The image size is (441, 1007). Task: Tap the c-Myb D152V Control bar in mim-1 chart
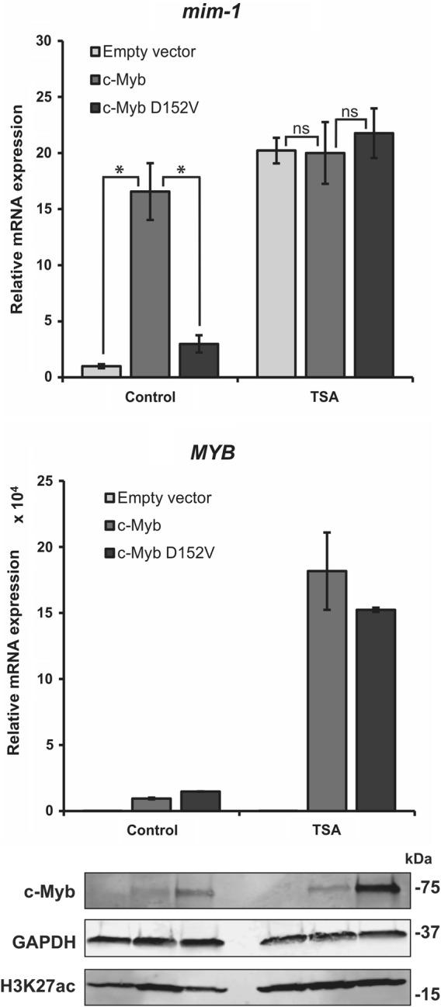[x=200, y=360]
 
